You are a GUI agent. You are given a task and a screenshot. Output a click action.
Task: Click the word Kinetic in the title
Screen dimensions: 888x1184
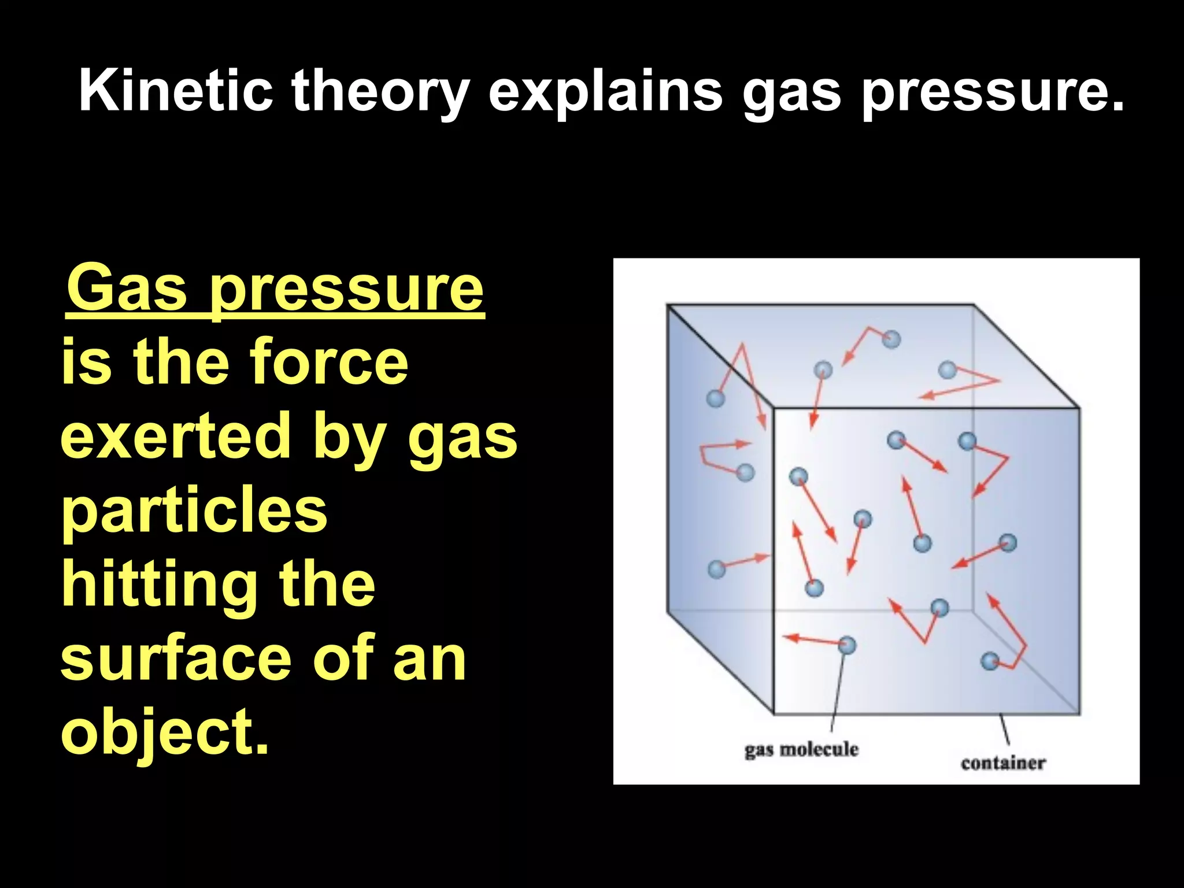coord(176,91)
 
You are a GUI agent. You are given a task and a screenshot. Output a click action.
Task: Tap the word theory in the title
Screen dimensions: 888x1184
coord(380,91)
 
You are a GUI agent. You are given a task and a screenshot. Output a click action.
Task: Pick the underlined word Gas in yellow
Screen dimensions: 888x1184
coord(127,288)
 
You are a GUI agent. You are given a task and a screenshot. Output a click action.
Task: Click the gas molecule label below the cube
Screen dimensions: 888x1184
coord(801,750)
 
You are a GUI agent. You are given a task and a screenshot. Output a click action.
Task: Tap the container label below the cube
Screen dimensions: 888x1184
coord(1003,763)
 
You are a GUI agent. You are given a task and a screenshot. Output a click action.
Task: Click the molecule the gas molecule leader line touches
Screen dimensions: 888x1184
coord(846,645)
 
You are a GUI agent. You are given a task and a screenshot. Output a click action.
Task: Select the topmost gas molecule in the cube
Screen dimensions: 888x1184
coord(891,339)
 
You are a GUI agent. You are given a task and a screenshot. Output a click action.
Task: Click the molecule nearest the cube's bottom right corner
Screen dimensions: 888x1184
coord(990,661)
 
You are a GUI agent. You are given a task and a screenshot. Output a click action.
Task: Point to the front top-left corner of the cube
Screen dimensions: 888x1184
coord(774,409)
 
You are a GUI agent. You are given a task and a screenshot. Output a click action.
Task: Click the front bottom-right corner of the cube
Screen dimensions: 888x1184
coord(1079,713)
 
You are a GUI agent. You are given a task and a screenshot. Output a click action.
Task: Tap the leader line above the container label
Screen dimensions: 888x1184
coord(1005,730)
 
